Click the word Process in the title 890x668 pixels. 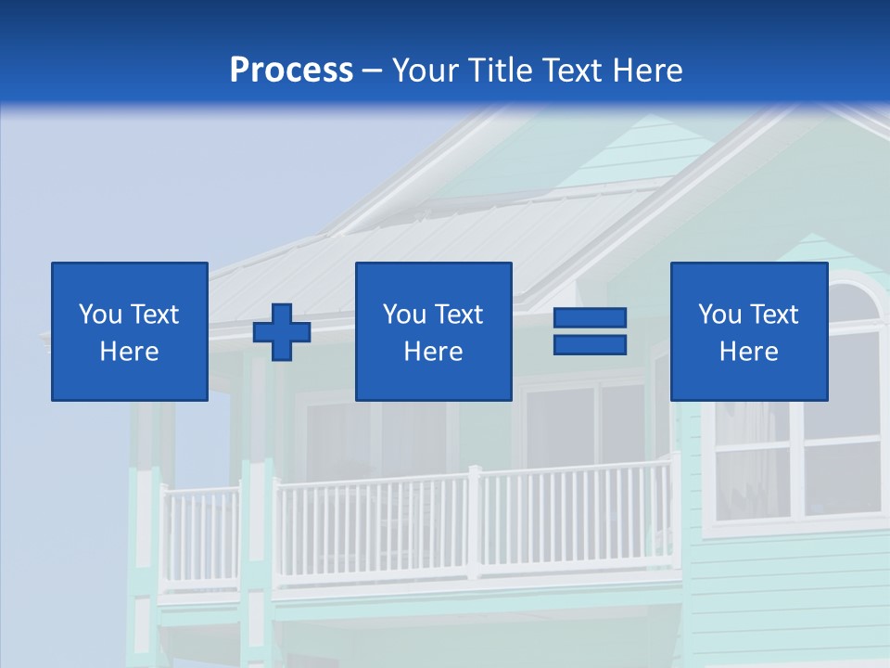pos(291,71)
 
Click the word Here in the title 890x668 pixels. pos(644,71)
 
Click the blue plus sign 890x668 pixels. pos(282,332)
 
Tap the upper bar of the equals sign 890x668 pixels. pos(590,318)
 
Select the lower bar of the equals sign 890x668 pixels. pos(590,344)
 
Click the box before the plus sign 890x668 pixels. pos(130,331)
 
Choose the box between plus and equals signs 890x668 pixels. pos(433,331)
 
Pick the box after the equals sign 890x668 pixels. pos(749,331)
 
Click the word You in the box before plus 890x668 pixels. pos(100,315)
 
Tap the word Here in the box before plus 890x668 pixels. pos(130,352)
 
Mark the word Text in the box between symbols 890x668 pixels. pos(460,315)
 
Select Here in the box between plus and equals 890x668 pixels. pos(433,352)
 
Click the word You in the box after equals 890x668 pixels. pos(719,315)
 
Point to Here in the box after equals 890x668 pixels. pos(749,352)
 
